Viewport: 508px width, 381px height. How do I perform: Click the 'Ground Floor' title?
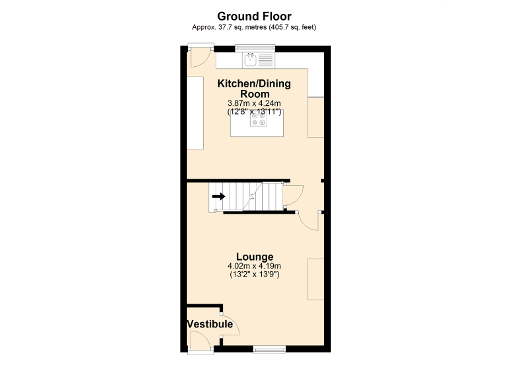click(254, 16)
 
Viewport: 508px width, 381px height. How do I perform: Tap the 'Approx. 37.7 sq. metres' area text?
click(254, 27)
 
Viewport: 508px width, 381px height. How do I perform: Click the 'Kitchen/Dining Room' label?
click(254, 89)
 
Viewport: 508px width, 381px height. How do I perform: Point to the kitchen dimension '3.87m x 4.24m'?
click(254, 103)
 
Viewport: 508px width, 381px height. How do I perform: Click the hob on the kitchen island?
click(255, 119)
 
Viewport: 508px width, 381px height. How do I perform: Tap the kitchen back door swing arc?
click(196, 59)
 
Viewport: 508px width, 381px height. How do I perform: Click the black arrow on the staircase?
click(218, 196)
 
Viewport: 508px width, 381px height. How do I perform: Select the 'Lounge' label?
click(255, 257)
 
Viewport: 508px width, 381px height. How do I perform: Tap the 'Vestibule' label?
click(210, 324)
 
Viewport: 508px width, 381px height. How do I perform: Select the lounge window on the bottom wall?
click(269, 348)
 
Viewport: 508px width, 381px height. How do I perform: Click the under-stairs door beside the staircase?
click(293, 195)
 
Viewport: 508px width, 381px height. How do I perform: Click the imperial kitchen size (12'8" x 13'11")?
click(254, 111)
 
